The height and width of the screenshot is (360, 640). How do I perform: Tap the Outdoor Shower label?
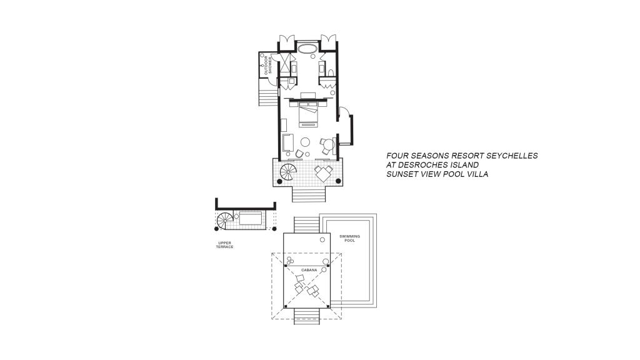coord(267,65)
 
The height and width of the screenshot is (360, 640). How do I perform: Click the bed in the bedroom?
coord(307,114)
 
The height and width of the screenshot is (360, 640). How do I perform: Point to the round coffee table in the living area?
coord(305,142)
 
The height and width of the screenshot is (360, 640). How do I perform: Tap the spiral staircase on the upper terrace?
coord(225,221)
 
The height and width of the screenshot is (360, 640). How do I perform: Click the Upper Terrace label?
coord(225,245)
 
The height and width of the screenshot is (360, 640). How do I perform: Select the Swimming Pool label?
coord(350,238)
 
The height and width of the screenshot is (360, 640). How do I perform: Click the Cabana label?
coord(309,270)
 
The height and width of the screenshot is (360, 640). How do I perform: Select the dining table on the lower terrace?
coord(324,172)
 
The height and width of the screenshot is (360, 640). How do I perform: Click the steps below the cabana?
coord(307,316)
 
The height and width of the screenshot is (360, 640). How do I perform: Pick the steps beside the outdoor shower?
coord(267,93)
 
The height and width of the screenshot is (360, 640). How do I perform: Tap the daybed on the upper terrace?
coord(251,218)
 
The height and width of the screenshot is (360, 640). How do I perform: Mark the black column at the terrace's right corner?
coord(338,181)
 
